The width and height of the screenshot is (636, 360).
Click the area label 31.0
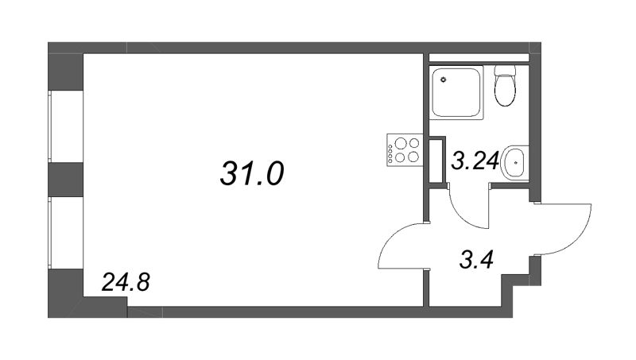251,172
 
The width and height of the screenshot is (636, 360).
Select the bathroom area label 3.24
475,162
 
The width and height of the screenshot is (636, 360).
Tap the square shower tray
456,92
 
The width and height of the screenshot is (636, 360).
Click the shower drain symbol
444,80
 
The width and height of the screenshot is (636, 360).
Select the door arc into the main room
401,242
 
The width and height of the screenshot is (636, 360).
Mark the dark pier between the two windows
65,179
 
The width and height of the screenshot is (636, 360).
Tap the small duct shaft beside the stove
437,161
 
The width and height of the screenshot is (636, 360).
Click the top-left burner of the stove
398,144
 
